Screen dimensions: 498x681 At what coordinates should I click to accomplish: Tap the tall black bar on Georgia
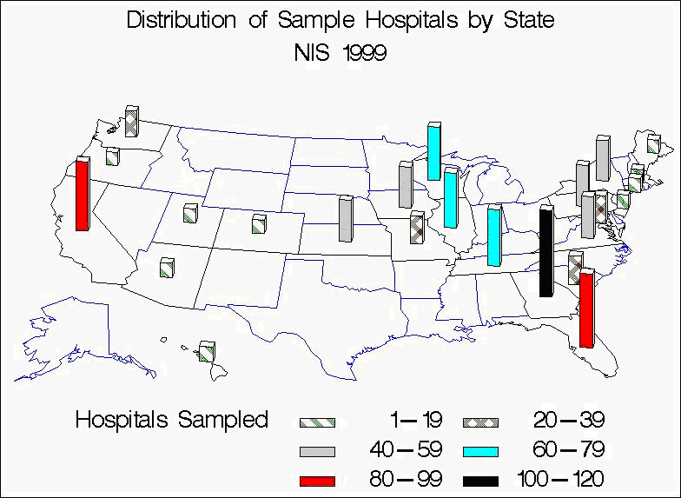coord(545,252)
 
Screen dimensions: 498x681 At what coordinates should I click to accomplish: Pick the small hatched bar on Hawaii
coord(207,352)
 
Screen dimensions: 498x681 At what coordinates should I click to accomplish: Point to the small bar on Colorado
coord(258,223)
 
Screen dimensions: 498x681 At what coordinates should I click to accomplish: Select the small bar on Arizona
coord(168,268)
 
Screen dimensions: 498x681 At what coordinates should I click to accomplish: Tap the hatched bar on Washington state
coord(131,121)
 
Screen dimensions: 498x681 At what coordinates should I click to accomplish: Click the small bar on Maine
coord(653,143)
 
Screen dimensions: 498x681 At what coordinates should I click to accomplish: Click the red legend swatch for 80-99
coord(316,479)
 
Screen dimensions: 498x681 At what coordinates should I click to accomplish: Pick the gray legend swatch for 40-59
coord(316,450)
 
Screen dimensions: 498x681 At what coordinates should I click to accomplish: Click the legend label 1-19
coord(417,421)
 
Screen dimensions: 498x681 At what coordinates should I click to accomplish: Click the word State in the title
coord(527,20)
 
